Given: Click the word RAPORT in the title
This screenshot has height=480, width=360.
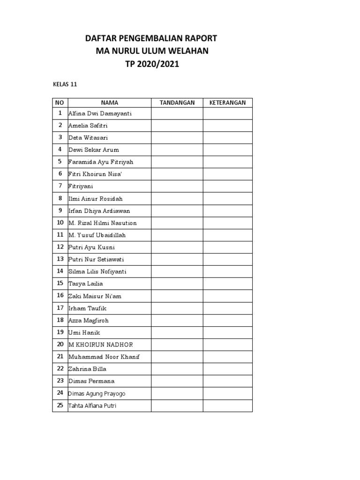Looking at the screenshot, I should [200, 38].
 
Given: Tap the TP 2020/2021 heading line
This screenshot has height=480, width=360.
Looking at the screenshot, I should [152, 64].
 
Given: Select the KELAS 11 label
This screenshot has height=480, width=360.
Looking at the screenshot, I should [64, 85].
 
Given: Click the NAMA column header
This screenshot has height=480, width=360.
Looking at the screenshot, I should [110, 103].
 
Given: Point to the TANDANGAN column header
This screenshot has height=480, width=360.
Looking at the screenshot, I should [177, 103].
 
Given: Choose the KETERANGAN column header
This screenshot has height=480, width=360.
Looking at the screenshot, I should [227, 103].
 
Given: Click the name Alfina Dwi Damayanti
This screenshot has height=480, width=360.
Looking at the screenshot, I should [100, 113].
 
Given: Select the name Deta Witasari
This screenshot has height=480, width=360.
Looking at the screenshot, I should [88, 138].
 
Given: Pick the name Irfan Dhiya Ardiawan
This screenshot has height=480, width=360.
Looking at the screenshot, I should [99, 211].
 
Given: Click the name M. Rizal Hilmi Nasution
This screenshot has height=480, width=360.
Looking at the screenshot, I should [103, 223].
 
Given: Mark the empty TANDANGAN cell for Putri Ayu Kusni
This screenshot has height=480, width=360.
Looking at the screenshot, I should [177, 247].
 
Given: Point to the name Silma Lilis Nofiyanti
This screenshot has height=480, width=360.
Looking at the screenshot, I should [97, 271].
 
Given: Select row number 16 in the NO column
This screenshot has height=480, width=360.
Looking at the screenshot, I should [60, 296].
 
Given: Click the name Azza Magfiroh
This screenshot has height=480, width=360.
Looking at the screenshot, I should [89, 320].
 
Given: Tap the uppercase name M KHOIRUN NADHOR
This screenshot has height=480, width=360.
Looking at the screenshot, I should [101, 345].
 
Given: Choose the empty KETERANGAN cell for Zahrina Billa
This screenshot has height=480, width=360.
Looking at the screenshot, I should [227, 369].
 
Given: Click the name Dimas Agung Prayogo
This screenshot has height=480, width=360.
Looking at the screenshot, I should [97, 394].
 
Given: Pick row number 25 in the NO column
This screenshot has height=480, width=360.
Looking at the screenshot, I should [60, 405].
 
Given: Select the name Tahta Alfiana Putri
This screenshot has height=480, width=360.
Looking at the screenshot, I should [92, 406].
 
